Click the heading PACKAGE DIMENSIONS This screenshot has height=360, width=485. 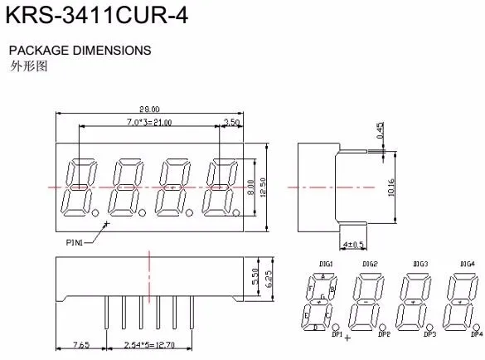point(80,50)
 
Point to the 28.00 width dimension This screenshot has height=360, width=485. point(149,109)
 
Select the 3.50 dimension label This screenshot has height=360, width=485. point(232,123)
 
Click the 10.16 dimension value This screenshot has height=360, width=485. point(390,187)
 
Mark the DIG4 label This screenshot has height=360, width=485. point(467,264)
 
